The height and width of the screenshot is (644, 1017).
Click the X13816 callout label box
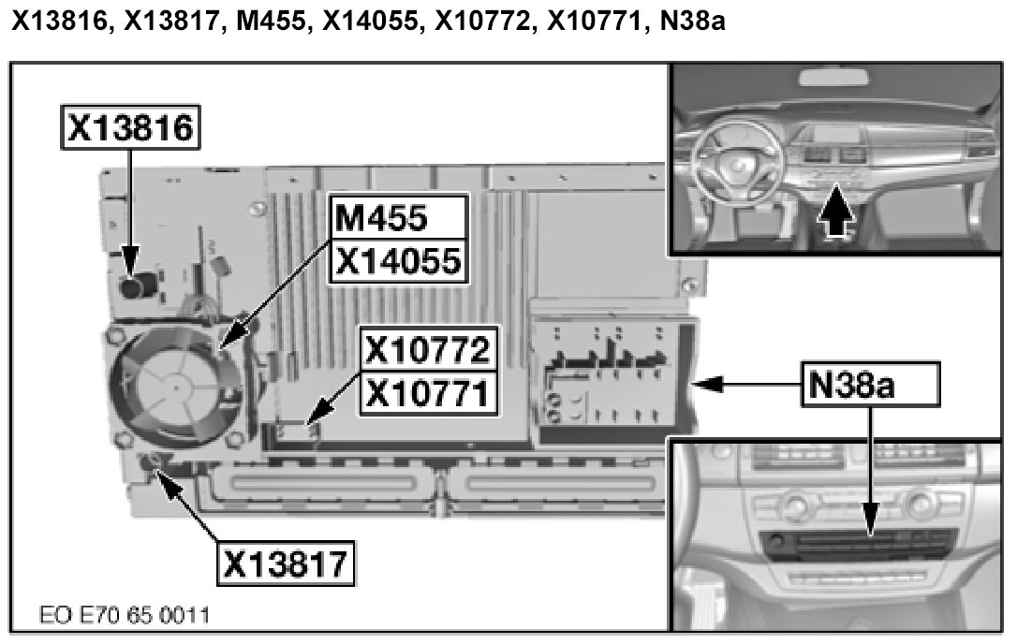(131, 129)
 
